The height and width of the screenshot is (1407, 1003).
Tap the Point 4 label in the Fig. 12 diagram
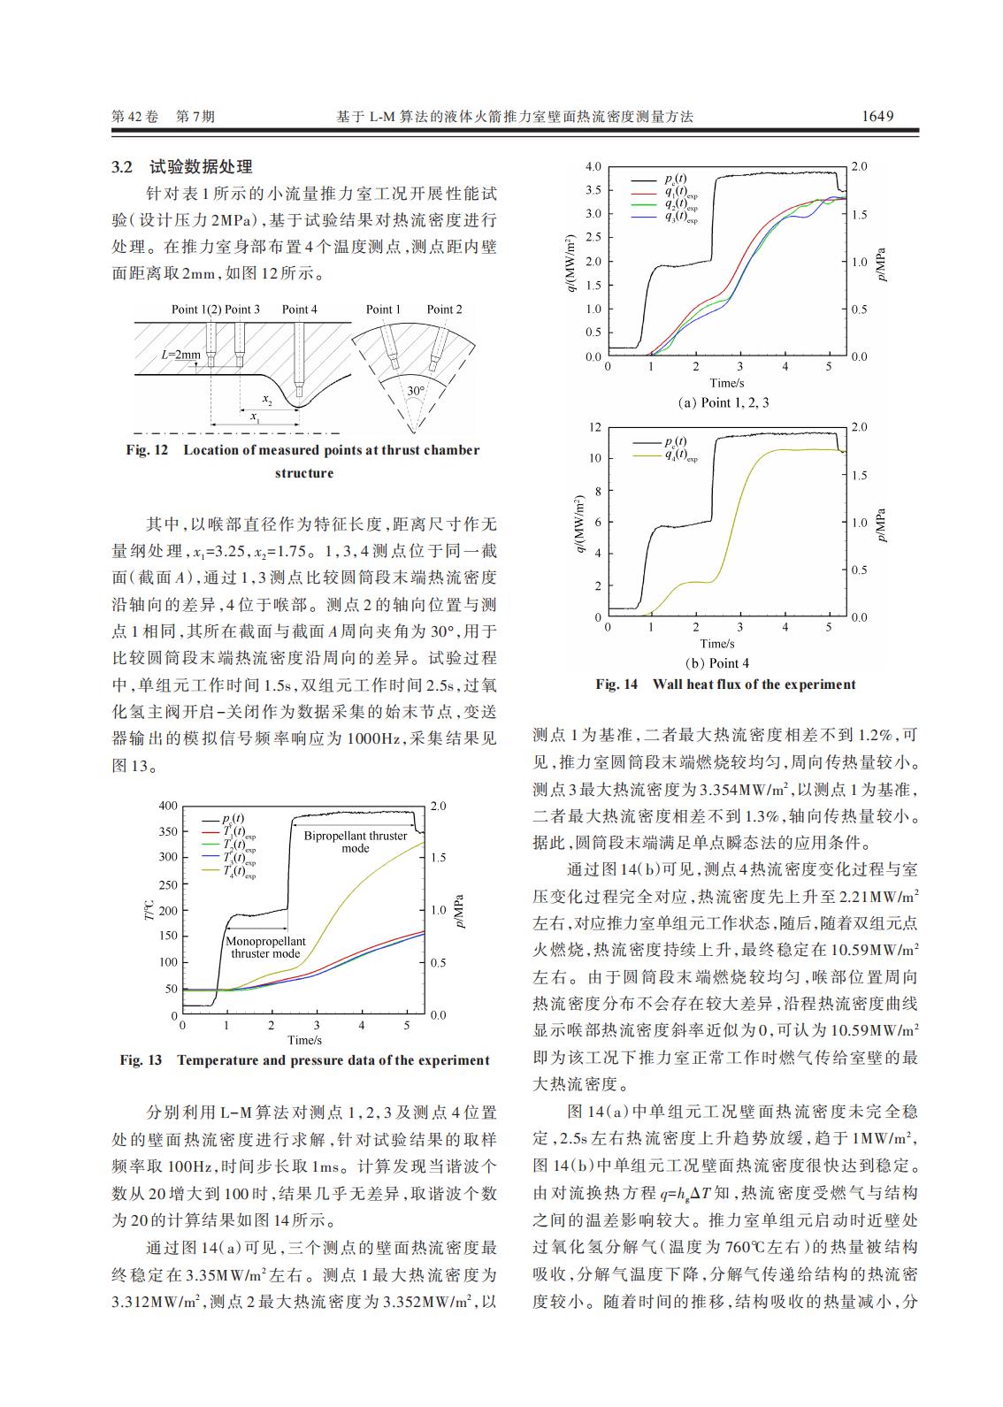[x=299, y=310]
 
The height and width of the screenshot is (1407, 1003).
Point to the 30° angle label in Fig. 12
[x=416, y=390]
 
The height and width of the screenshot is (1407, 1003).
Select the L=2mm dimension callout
[x=180, y=355]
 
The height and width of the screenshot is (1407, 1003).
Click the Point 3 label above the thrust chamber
[x=242, y=310]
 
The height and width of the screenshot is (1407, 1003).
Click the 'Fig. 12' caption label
[x=147, y=450]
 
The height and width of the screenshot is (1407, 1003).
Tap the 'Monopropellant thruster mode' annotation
[x=265, y=947]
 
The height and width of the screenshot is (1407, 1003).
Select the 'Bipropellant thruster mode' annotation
[x=356, y=842]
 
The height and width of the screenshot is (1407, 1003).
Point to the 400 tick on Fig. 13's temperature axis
[x=167, y=807]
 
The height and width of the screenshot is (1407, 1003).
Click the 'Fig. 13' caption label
[x=141, y=1060]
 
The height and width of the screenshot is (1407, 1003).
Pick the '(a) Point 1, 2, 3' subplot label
[x=723, y=402]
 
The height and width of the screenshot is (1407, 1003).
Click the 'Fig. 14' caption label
[x=616, y=684]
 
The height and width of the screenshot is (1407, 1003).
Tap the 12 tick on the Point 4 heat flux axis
[x=595, y=427]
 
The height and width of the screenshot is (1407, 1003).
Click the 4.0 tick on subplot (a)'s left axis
[x=593, y=167]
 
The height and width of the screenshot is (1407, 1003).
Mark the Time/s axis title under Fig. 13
[x=304, y=1040]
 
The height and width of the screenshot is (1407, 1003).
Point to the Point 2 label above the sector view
[x=444, y=310]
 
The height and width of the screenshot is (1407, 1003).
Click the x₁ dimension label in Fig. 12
[x=254, y=417]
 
